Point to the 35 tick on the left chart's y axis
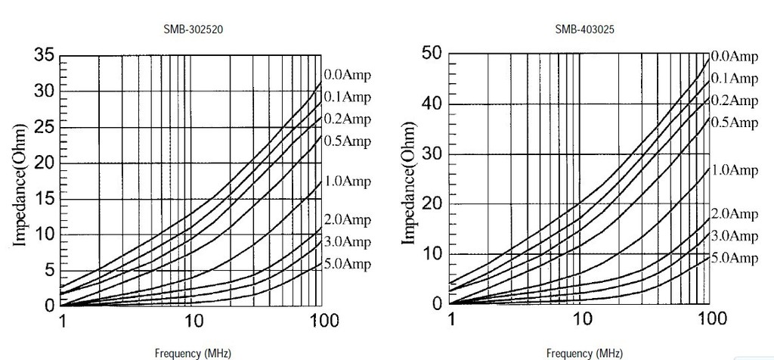(x=45, y=55)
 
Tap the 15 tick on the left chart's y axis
(x=45, y=199)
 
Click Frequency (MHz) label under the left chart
(x=193, y=352)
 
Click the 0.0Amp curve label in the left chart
(x=348, y=75)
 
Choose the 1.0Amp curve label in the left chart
(x=348, y=181)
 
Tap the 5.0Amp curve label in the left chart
(x=348, y=264)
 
